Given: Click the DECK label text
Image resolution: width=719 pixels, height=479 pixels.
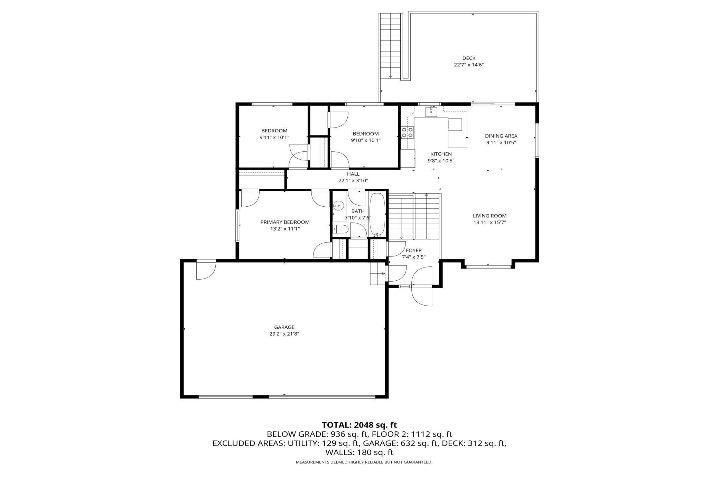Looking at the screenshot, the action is pos(469,58).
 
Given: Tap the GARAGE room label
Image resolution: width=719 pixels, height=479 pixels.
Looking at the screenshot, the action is pos(284,327).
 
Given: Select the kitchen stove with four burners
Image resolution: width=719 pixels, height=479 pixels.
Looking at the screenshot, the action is pos(407,133).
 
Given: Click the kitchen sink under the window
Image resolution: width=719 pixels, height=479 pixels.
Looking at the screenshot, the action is pos(431,112).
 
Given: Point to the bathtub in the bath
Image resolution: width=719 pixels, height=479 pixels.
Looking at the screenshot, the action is pos(377,215).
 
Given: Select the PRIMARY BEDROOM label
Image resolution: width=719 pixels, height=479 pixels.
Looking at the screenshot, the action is pos(285,222).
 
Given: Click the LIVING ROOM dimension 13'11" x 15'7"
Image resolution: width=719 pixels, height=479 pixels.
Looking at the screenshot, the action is pos(490,223).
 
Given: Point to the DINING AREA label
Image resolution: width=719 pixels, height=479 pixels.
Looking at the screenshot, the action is pos(501,136).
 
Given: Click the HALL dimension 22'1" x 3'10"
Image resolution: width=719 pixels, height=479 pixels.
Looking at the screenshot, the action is pos(353,180).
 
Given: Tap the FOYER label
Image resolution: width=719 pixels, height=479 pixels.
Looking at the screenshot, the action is pos(414,251).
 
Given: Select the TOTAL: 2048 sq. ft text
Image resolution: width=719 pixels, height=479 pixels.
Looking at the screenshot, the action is pos(359,425).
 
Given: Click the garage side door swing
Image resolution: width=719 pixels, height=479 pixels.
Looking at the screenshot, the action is pos(206,270).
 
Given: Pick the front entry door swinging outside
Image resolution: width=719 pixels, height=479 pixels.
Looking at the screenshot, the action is pos(422,296).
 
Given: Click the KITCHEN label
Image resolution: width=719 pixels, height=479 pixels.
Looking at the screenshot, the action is pos(441,154).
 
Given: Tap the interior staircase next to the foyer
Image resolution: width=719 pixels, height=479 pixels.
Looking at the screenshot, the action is pos(414,216).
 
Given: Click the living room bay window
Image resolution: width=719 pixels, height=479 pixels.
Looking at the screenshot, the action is pos(488,266).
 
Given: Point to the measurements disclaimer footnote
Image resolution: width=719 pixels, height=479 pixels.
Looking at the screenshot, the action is pos(364,462).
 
